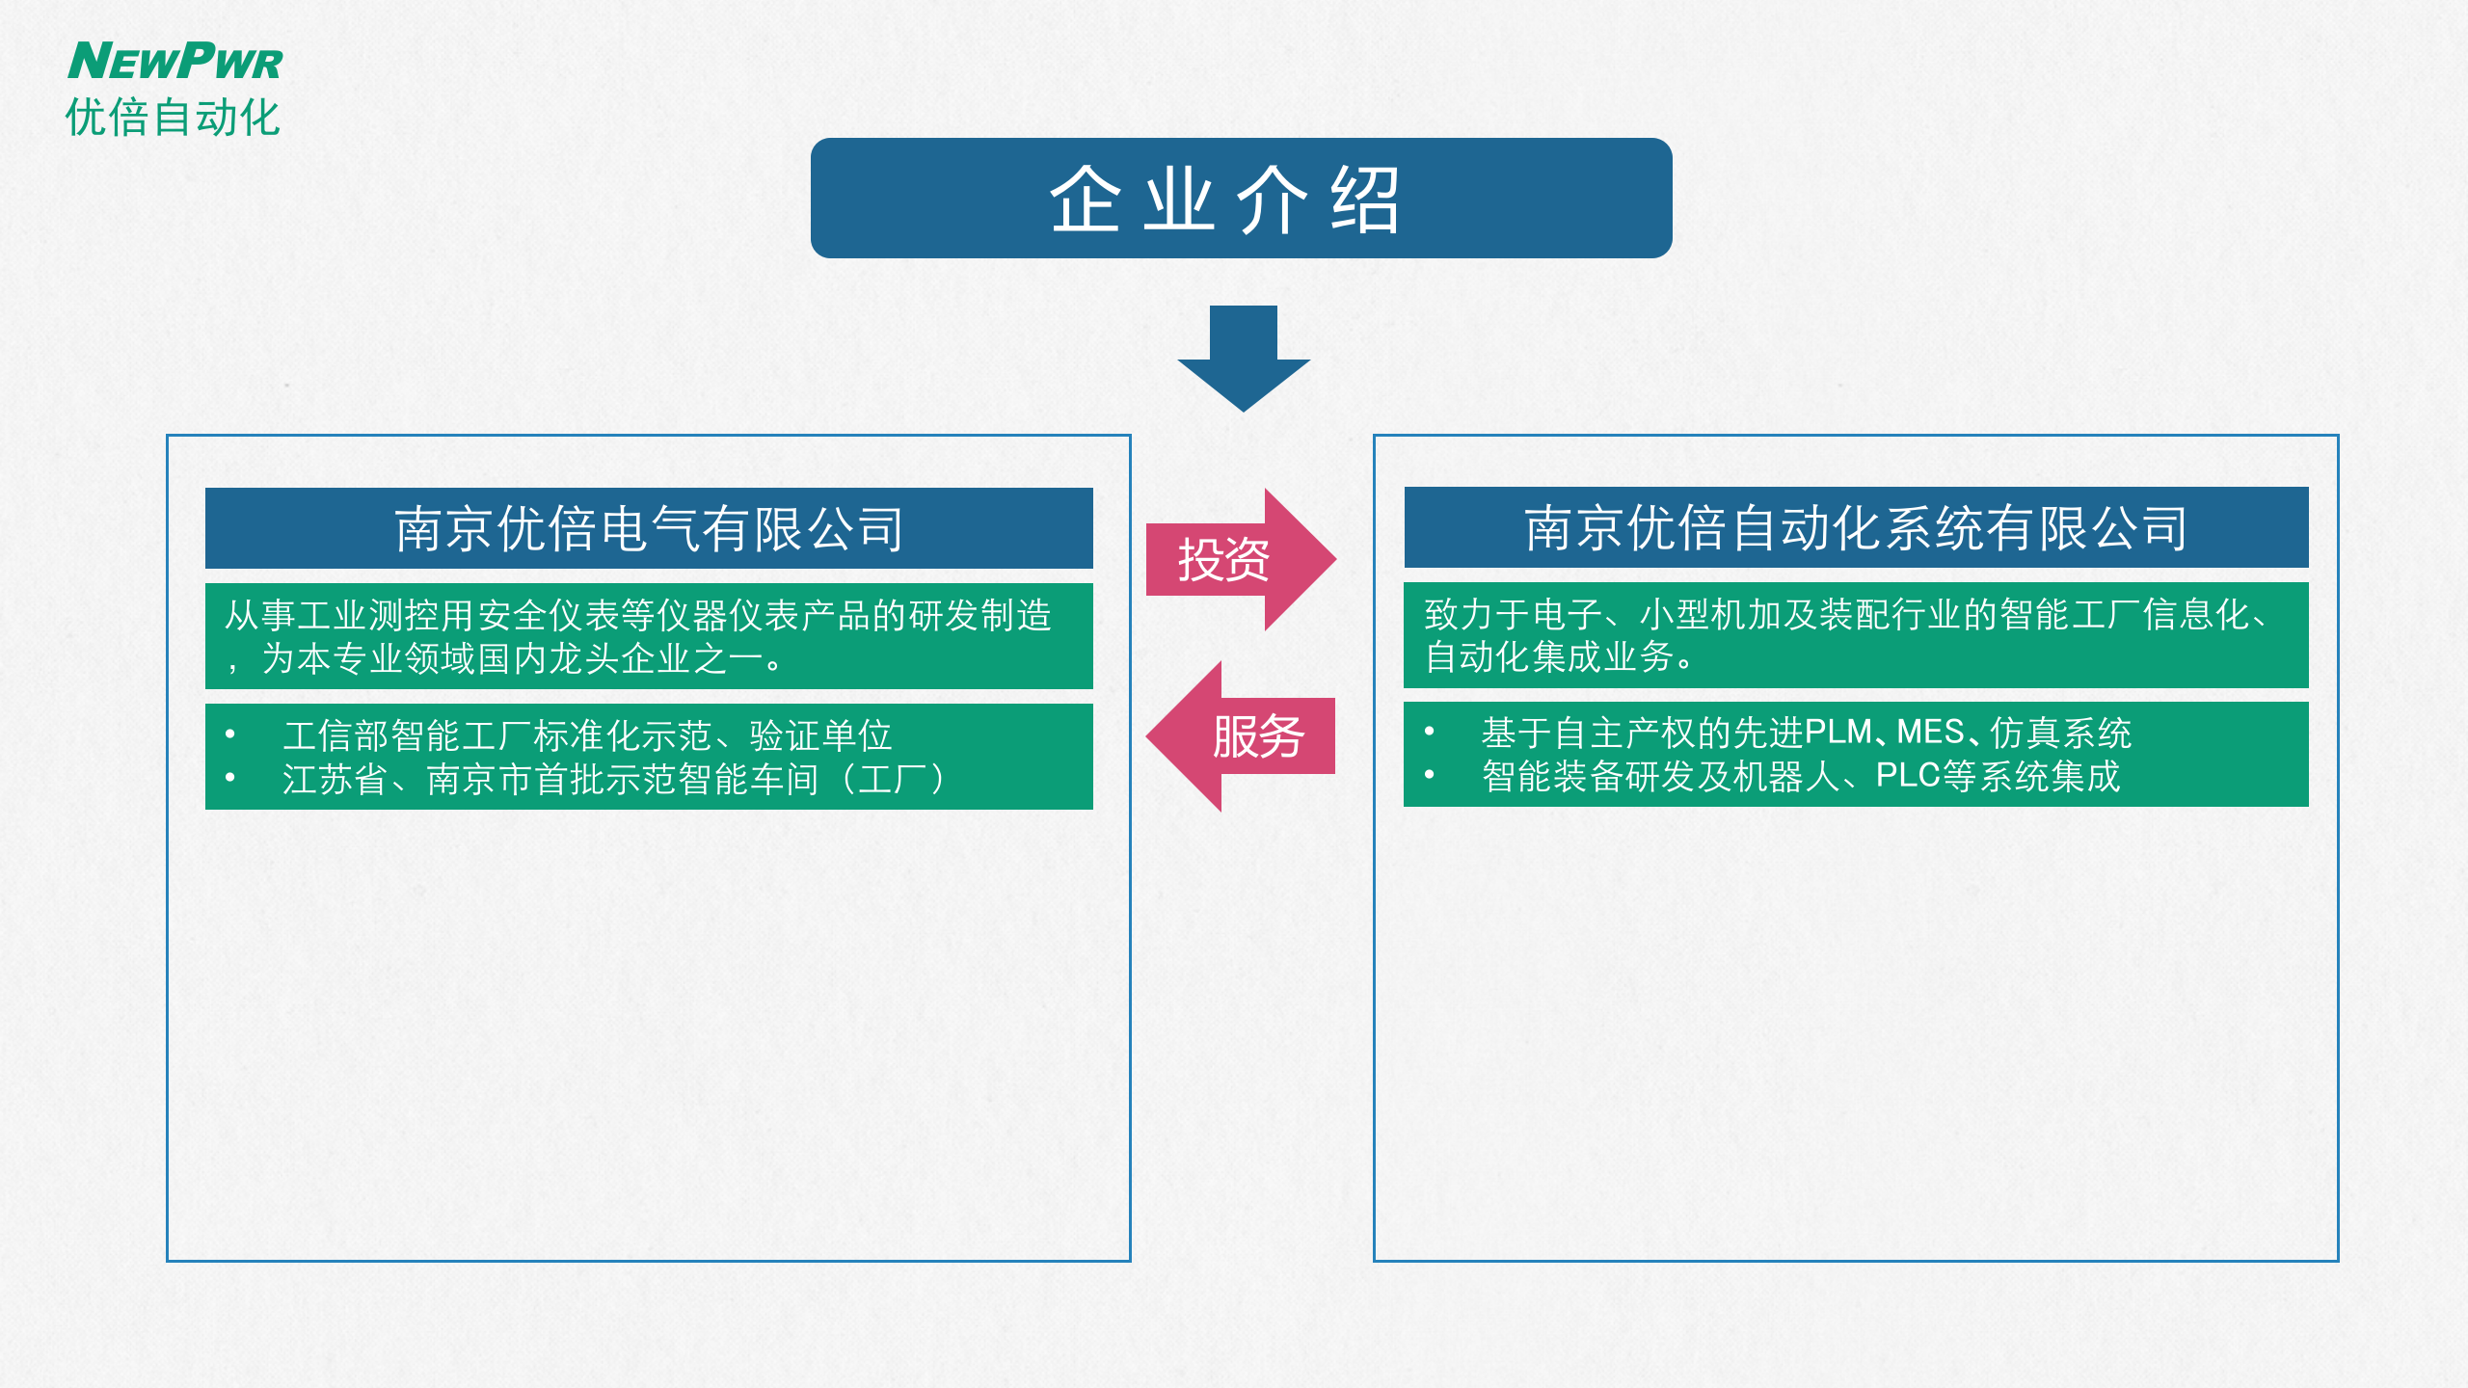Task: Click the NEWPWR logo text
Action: coord(175,61)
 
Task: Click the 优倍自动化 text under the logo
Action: coord(173,118)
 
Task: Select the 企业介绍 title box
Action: coord(1241,199)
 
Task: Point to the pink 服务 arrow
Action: coord(1244,736)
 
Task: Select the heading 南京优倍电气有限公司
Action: coord(649,528)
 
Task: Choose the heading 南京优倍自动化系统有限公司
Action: coord(1856,527)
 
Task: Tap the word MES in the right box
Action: coord(1931,733)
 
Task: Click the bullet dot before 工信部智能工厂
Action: coord(230,734)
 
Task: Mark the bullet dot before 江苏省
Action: coord(230,778)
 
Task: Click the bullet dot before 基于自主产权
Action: coord(1430,732)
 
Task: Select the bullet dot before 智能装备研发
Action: coord(1430,775)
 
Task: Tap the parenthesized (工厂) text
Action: coord(894,779)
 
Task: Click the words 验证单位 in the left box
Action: coord(820,735)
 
